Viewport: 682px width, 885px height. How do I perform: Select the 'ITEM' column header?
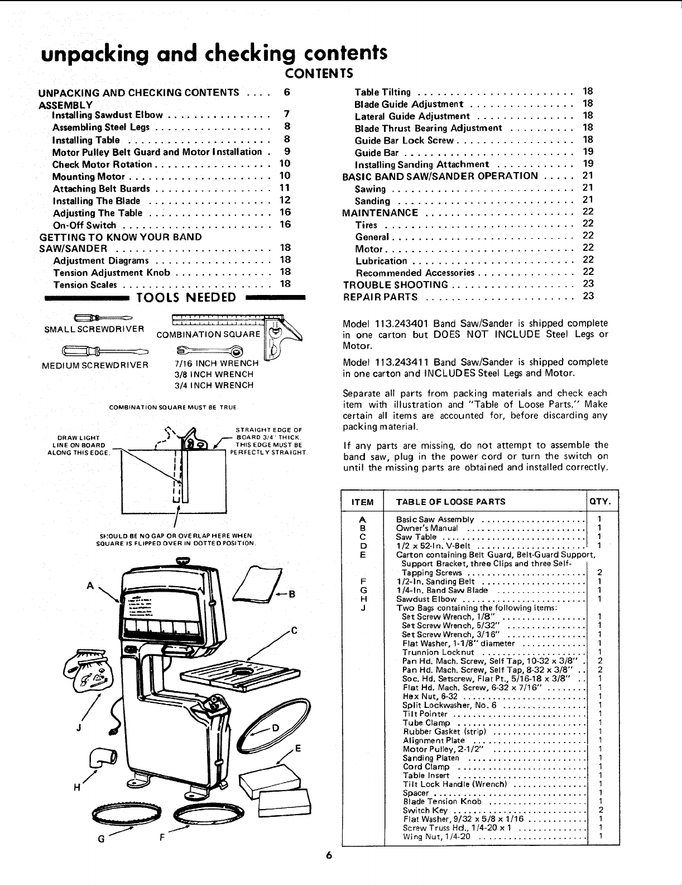coord(362,502)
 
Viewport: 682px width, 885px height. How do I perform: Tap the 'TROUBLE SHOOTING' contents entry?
coord(395,284)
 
